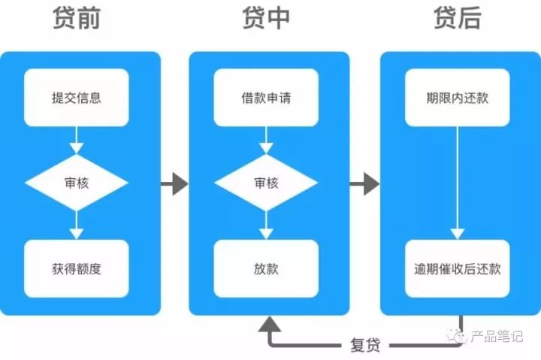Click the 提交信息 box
coord(76,98)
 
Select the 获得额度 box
coord(76,268)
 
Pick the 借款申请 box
coord(267,98)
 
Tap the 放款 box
coord(267,268)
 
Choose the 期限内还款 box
coord(458,98)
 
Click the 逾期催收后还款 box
coord(458,268)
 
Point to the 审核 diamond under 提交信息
coord(76,183)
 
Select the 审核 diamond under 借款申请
coord(267,183)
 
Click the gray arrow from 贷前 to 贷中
coord(174,183)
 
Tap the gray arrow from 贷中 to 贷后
coord(365,183)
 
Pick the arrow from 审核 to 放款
coord(267,225)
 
